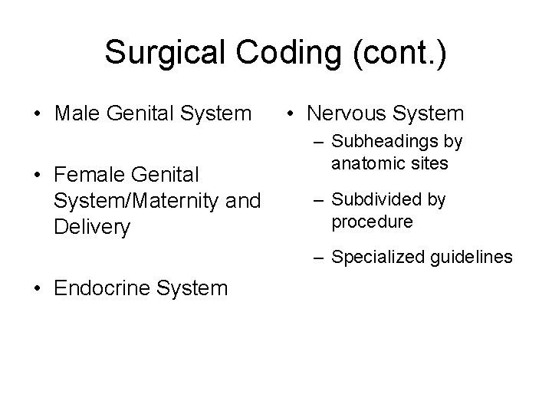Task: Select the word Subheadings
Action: (379, 143)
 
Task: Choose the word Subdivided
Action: (375, 200)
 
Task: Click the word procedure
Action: (372, 222)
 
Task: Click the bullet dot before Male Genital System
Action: (37, 114)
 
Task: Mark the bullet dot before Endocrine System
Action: (37, 288)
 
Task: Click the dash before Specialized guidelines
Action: (319, 258)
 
